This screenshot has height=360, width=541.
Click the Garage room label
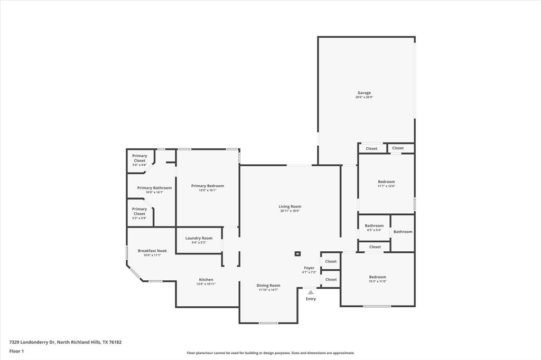[x=364, y=93]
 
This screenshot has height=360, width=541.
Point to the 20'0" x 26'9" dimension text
[x=364, y=98]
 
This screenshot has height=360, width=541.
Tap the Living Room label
[x=290, y=206]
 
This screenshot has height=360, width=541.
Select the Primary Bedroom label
[x=208, y=186]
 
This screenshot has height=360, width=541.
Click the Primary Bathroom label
[x=154, y=188]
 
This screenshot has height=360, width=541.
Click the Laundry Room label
[x=199, y=238]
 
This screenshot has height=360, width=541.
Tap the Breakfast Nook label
[x=152, y=251]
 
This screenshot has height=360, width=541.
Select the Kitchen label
[x=206, y=280]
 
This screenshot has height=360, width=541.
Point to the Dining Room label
[x=268, y=285]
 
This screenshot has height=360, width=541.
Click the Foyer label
[x=309, y=268]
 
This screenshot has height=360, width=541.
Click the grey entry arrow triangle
[x=311, y=292]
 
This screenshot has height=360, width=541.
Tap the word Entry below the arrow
[x=311, y=299]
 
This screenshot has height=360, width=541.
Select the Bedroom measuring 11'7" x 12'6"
[x=386, y=182]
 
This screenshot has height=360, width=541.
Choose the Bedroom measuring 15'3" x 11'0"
[x=377, y=277]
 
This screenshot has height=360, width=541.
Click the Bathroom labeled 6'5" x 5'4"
[x=374, y=226]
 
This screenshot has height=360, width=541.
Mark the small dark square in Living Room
[x=297, y=253]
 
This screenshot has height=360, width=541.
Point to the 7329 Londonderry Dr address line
[x=65, y=342]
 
